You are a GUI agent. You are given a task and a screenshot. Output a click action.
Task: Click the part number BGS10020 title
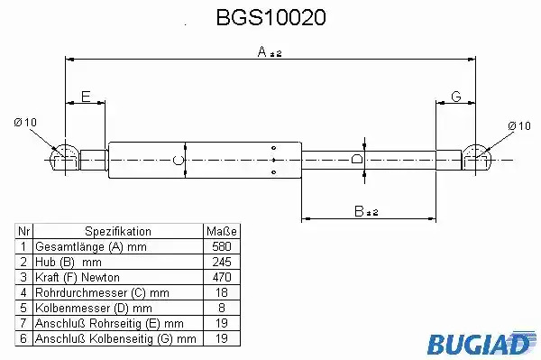270,17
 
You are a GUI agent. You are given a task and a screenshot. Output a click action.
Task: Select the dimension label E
86,97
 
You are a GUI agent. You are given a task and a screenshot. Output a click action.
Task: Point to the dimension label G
456,97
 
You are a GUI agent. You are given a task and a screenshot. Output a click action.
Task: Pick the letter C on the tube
178,161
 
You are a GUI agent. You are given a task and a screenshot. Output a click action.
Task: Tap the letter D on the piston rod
356,159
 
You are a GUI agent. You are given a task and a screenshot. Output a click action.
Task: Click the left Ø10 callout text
25,122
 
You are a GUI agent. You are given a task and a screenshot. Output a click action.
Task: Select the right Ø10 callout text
519,126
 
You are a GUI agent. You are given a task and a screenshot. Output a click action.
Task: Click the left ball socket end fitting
65,161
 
